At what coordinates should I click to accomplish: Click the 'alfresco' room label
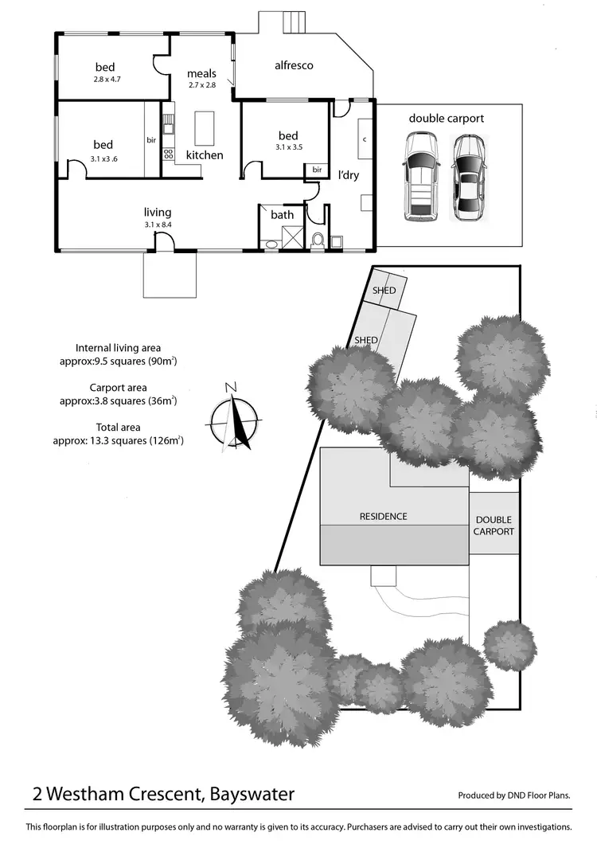pos(294,64)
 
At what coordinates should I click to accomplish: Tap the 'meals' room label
pos(201,74)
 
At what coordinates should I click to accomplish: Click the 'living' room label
pos(158,213)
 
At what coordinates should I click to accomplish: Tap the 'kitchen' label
pos(205,155)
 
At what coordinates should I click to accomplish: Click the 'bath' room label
pos(282,214)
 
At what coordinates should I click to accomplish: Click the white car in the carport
pos(419,176)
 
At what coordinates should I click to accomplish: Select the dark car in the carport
pos(468,177)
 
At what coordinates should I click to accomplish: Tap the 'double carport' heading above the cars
pos(446,119)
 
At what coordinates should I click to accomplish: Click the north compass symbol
pos(235,416)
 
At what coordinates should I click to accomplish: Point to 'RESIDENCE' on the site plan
pos(383,516)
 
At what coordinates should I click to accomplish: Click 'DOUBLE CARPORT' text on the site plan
pos(494,526)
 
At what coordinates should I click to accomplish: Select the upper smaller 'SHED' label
pos(384,291)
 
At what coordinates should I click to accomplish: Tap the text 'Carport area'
pos(118,388)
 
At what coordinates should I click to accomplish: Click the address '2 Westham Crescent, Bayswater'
pos(164,794)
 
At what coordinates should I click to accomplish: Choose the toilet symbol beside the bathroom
pos(318,239)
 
